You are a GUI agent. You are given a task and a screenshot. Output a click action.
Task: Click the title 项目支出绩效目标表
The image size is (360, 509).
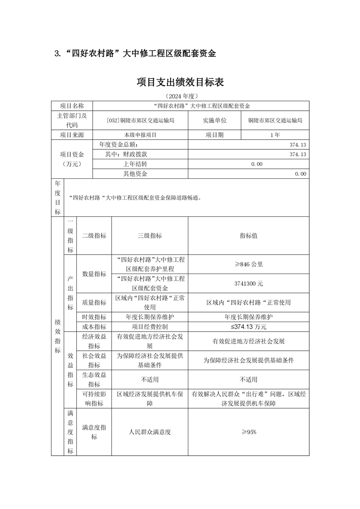click(180, 83)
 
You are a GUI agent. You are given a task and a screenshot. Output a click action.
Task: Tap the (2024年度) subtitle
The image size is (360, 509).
click(180, 97)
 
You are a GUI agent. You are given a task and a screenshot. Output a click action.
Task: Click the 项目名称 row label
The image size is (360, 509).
click(72, 106)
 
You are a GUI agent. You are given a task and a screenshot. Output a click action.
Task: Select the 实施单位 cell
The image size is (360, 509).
click(214, 120)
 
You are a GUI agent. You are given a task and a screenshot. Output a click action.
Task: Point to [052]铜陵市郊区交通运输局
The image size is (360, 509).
click(140, 121)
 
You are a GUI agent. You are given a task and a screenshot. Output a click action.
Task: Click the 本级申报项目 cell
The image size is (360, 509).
click(140, 135)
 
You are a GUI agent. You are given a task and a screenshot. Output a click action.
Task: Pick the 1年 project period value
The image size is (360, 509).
click(275, 135)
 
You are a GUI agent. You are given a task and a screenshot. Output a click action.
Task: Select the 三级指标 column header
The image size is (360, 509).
click(149, 235)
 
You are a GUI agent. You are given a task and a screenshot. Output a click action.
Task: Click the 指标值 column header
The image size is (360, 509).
click(248, 235)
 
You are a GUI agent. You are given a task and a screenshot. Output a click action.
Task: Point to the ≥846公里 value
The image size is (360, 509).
click(248, 264)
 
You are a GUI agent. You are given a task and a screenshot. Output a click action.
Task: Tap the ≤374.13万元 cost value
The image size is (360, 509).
click(248, 327)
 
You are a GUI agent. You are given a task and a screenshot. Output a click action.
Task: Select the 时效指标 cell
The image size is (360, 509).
click(94, 317)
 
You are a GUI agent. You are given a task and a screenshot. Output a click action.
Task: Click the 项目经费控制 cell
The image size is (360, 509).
click(149, 327)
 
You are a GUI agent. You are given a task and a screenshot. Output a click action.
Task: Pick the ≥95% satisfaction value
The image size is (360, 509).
click(248, 432)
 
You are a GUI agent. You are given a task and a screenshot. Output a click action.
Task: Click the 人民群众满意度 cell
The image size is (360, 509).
click(149, 432)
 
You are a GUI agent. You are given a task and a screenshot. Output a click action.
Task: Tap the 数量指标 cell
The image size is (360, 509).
click(94, 274)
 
